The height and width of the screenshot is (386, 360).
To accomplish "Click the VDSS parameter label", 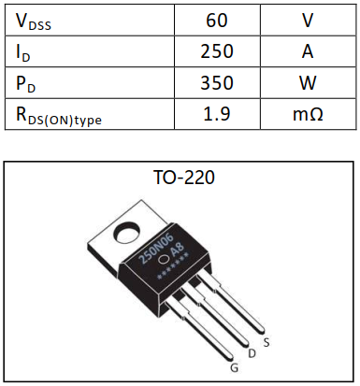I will click(x=36, y=20).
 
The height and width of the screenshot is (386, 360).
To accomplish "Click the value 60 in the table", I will click(x=217, y=20).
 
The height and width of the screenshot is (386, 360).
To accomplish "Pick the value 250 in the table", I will click(x=217, y=51).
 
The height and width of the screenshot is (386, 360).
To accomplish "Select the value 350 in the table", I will click(x=217, y=83).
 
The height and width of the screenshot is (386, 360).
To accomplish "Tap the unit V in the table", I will click(x=307, y=20).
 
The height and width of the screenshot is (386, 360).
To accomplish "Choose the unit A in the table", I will click(x=307, y=51).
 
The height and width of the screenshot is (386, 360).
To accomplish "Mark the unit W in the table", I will click(x=307, y=83).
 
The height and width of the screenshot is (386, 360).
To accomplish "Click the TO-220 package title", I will click(x=184, y=177).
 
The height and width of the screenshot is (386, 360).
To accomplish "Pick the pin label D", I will click(x=250, y=353).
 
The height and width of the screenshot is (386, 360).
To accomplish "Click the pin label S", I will click(x=267, y=343).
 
